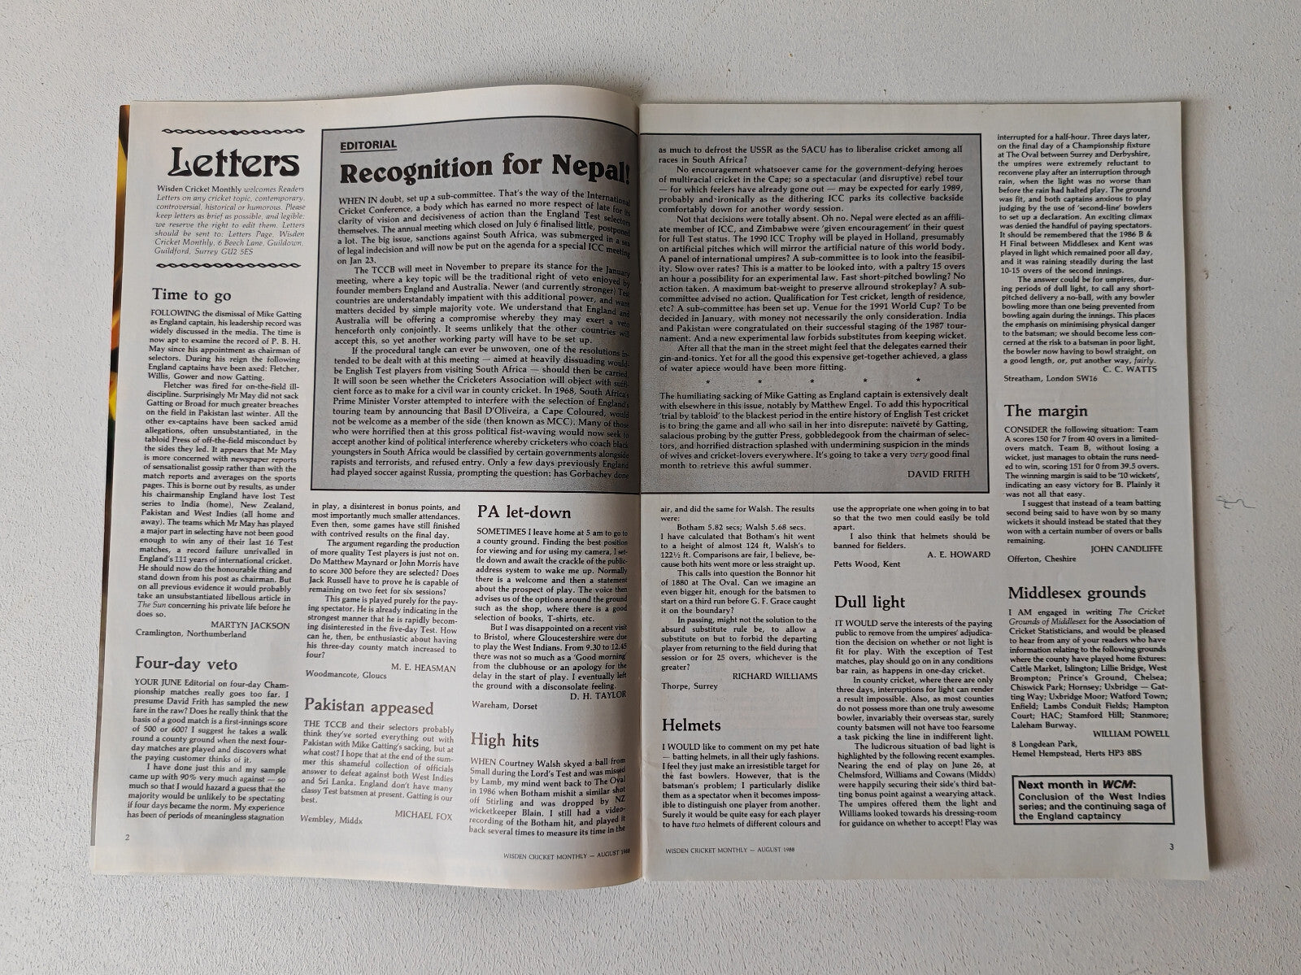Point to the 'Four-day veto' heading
point(186,663)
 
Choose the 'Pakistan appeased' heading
point(368,707)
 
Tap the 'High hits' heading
point(504,739)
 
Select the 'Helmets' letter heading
point(691,724)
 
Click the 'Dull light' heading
point(869,603)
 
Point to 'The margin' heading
point(1046,411)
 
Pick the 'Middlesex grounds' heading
point(1077,593)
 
